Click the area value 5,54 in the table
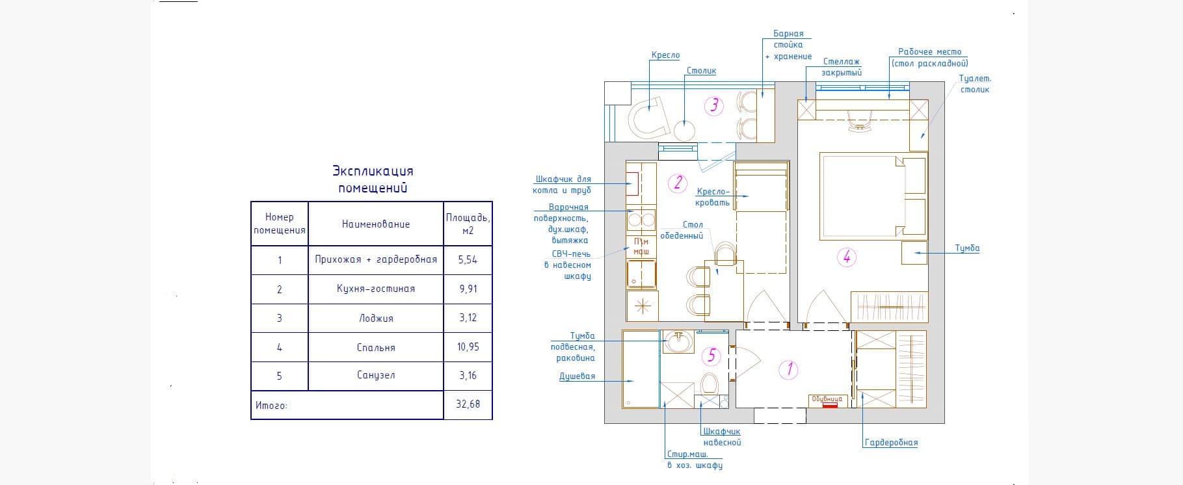(468, 259)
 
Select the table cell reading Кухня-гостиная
(376, 289)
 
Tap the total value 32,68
(468, 404)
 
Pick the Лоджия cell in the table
(376, 319)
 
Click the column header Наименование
(376, 224)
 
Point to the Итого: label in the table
(271, 405)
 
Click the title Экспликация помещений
(373, 179)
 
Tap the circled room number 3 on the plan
(715, 105)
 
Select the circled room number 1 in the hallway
(789, 369)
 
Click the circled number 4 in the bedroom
(847, 257)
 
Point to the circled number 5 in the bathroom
(711, 355)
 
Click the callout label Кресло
(665, 56)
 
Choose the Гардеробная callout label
(891, 443)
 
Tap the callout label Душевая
(578, 376)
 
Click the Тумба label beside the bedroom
(967, 248)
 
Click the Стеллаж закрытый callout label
(842, 67)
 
